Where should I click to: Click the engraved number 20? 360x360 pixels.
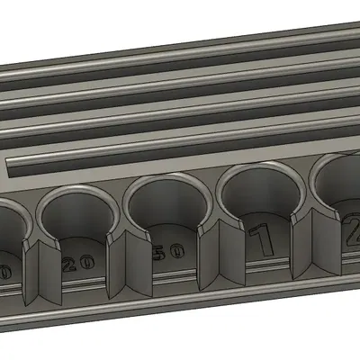78,263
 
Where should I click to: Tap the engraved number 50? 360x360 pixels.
168,253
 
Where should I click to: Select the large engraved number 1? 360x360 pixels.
261,241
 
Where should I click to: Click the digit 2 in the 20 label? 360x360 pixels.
69,264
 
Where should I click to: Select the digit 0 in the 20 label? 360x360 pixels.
86,261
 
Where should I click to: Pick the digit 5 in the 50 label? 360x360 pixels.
160,254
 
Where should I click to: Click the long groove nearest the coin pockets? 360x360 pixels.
180,156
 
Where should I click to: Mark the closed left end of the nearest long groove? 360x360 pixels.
13,166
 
